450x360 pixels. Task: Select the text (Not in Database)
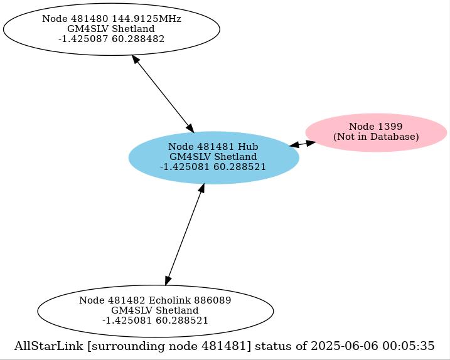point(376,137)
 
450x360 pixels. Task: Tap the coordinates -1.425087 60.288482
point(112,39)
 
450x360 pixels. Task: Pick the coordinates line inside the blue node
point(213,167)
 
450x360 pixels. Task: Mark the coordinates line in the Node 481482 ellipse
point(155,320)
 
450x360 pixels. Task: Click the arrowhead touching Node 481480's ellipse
point(135,60)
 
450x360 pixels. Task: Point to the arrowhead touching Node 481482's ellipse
point(168,280)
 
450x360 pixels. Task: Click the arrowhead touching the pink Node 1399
point(311,142)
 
